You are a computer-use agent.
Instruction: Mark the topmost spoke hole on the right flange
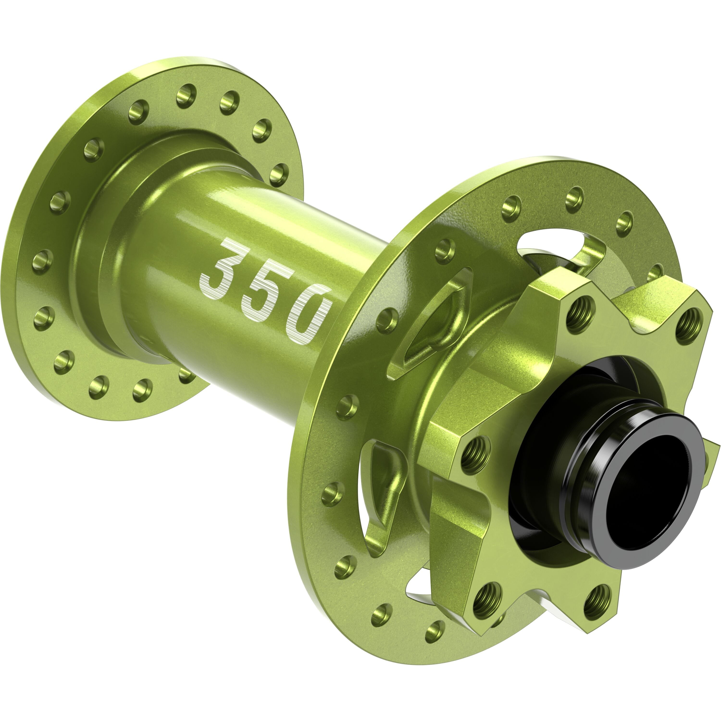pyautogui.click(x=574, y=198)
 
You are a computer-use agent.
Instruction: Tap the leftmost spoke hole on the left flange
pyautogui.click(x=42, y=260)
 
